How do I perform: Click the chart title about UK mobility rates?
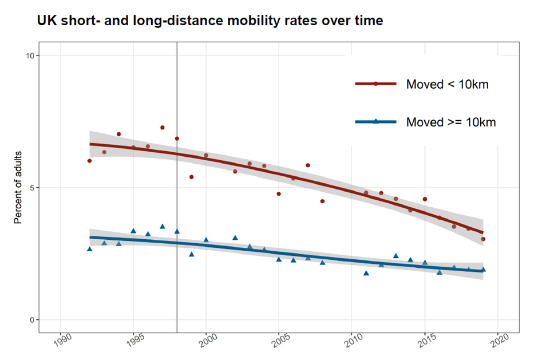(209, 21)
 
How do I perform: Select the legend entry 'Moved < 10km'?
(447, 84)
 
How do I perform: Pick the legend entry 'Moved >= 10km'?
(450, 122)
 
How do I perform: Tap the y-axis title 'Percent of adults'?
(18, 188)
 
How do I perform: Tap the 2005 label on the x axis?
(278, 339)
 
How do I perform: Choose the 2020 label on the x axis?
(497, 339)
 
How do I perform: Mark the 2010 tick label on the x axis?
(351, 339)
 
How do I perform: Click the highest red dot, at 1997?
(162, 128)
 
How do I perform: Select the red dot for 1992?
(89, 161)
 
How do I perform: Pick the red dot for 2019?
(483, 239)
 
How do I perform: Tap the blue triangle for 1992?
(89, 249)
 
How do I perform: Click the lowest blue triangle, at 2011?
(366, 273)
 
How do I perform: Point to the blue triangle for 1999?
(191, 254)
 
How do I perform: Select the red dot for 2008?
(322, 201)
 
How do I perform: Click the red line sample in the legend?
(375, 84)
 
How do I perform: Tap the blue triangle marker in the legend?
(375, 121)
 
